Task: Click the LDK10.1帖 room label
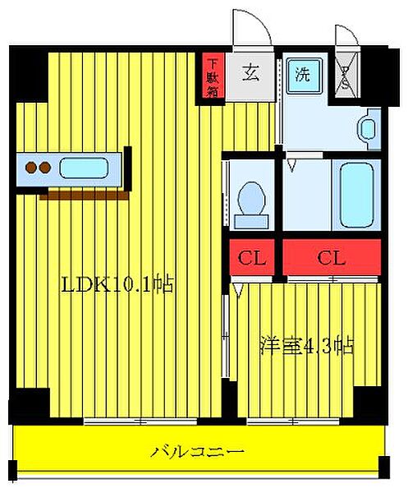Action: (x=117, y=285)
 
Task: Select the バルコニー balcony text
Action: (x=197, y=451)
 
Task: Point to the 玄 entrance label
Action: (x=250, y=72)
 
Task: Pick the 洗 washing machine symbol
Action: (x=302, y=73)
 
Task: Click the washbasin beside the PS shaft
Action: (x=367, y=128)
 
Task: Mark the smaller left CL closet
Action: (x=251, y=257)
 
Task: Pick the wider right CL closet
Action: (x=331, y=257)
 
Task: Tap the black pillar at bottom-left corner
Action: (x=29, y=405)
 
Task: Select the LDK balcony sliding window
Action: (x=141, y=422)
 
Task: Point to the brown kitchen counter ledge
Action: (x=82, y=195)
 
